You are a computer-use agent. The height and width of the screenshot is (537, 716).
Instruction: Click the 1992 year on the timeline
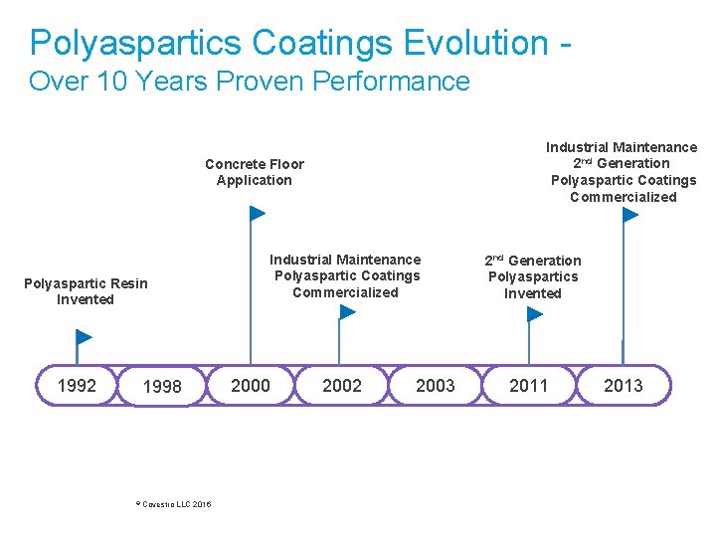click(77, 385)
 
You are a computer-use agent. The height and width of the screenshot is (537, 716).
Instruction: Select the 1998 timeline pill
click(162, 387)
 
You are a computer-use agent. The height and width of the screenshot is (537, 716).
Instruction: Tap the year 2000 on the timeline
click(251, 385)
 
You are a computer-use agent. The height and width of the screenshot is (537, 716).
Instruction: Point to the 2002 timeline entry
click(342, 385)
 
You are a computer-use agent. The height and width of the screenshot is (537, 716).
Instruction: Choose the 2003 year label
click(435, 385)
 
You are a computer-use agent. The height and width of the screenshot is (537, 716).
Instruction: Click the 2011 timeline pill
click(528, 385)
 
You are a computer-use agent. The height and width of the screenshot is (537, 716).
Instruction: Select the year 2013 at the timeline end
click(624, 385)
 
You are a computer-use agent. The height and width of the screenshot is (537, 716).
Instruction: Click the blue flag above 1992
click(84, 337)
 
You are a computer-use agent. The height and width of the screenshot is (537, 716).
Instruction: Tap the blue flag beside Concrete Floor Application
click(257, 213)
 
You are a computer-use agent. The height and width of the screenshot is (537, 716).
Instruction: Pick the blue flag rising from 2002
click(346, 312)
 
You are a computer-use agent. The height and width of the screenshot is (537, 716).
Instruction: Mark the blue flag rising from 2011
click(535, 314)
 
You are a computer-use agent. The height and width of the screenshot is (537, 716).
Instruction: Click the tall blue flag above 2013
click(629, 215)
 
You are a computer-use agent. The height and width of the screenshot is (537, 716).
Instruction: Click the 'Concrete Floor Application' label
click(255, 172)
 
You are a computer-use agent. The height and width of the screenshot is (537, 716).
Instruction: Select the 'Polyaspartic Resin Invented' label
click(86, 291)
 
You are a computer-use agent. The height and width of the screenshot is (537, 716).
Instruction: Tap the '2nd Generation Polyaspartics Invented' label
click(533, 276)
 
